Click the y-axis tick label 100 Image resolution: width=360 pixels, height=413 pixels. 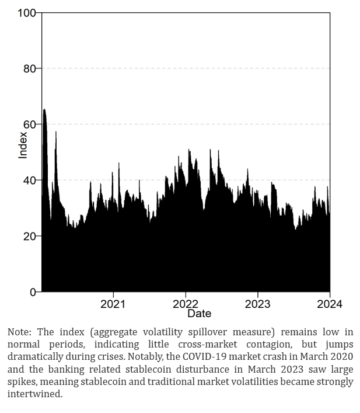click(x=27, y=13)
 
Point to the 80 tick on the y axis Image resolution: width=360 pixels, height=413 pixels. click(x=29, y=69)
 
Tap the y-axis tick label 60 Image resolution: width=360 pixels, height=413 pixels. click(x=29, y=124)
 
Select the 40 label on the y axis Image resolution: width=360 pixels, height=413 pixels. click(x=29, y=181)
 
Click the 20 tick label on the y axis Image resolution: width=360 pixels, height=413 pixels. click(x=29, y=236)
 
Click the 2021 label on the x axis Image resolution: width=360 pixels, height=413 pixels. click(x=113, y=304)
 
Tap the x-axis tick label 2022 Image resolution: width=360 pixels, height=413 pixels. click(x=186, y=304)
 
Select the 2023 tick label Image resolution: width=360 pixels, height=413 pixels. click(x=257, y=304)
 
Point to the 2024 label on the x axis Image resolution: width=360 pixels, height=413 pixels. click(x=330, y=304)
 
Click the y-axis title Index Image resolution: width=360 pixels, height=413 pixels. click(x=23, y=145)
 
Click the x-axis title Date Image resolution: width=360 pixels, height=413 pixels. click(x=199, y=314)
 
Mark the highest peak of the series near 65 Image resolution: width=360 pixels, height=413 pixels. click(x=44, y=110)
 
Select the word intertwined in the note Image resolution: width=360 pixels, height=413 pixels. click(x=34, y=394)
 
